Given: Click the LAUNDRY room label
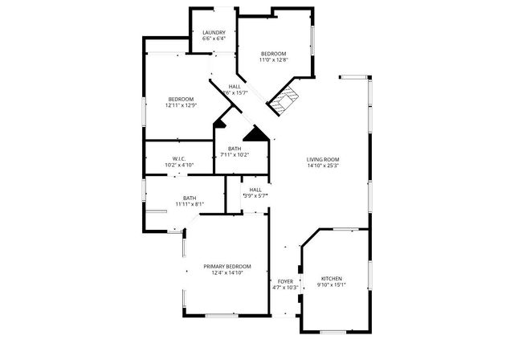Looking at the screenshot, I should tap(214, 32).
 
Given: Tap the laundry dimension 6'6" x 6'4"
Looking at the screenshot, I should tap(214, 39).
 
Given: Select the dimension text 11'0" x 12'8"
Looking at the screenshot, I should tap(273, 59).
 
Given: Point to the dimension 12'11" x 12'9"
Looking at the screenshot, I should tap(181, 104).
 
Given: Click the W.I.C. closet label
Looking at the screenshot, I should tap(179, 158).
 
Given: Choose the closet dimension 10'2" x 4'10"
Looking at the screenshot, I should tap(179, 165).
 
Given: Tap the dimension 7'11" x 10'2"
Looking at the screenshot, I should tap(235, 154).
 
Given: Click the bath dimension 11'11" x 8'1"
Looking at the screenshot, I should tap(190, 204).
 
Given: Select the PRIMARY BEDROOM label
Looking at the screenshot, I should tap(226, 266).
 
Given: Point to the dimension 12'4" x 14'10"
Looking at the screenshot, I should tap(226, 272).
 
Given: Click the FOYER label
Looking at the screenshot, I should tap(285, 280).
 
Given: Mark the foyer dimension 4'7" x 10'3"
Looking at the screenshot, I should tap(285, 287).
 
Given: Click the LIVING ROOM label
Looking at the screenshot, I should tap(323, 159).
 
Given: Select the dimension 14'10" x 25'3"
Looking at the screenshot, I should tap(323, 166).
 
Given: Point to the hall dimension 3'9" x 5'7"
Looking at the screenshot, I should tap(255, 196).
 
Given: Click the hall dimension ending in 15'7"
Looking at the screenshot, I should tap(235, 93).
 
